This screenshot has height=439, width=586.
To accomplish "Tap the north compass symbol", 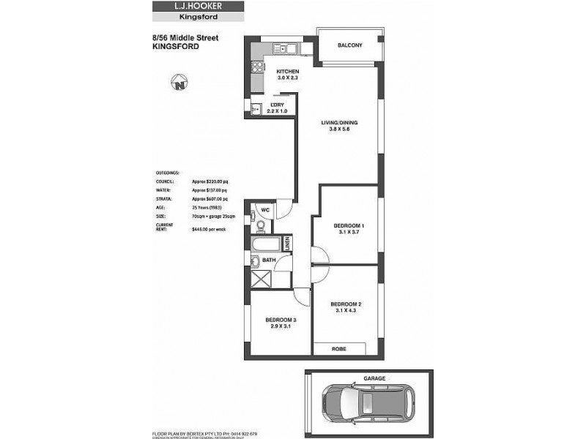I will (179, 83).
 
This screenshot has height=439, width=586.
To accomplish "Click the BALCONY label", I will (349, 45).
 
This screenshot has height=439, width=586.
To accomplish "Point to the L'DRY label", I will (277, 104).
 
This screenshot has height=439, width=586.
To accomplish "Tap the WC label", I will (267, 211).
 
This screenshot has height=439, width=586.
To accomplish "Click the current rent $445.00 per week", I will (208, 229).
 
